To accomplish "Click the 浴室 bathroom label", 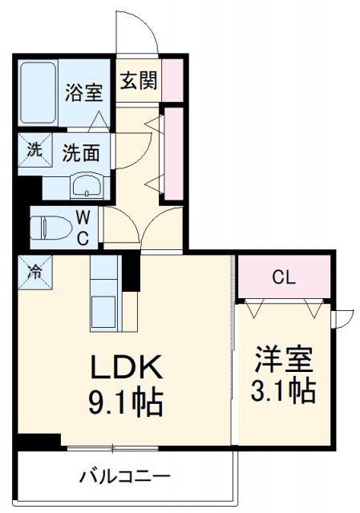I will [83, 91].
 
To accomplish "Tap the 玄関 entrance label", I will [138, 80].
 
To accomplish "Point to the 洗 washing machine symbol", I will [34, 149].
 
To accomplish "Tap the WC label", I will [83, 227].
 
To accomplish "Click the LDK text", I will [126, 368].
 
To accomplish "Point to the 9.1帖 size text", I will [126, 401].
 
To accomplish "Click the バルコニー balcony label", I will [124, 477].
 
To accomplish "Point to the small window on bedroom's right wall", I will [341, 318].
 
